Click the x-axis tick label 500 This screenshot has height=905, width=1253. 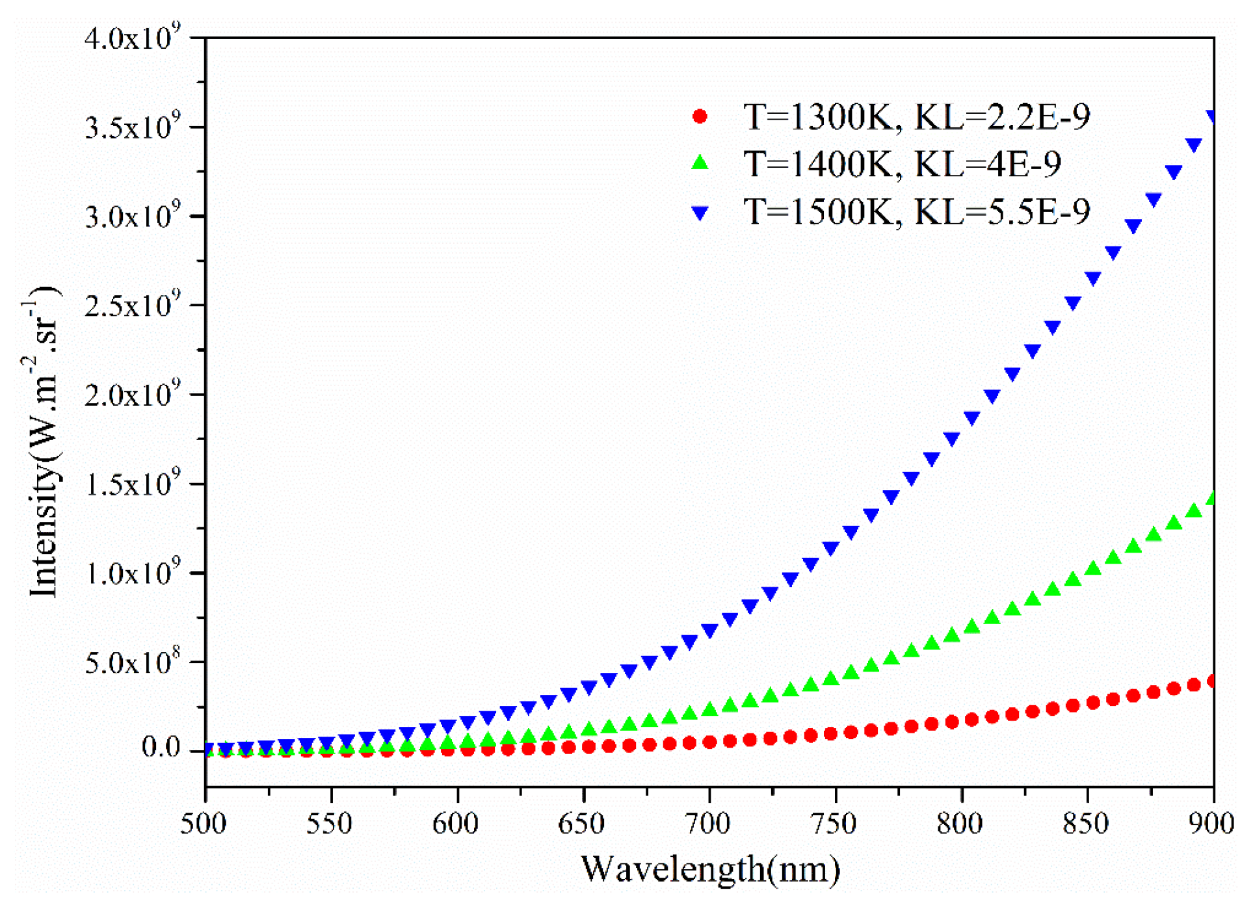pyautogui.click(x=204, y=824)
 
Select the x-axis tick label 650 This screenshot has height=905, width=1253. pyautogui.click(x=582, y=824)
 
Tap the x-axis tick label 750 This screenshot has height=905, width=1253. pyautogui.click(x=834, y=824)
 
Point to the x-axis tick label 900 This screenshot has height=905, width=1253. pyautogui.click(x=1211, y=824)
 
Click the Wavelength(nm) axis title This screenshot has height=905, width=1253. pyautogui.click(x=710, y=869)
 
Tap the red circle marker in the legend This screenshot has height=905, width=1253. pyautogui.click(x=700, y=116)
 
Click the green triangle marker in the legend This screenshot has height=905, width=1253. pyautogui.click(x=700, y=163)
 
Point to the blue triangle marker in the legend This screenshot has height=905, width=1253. pyautogui.click(x=700, y=213)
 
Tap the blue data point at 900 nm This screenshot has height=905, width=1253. pyautogui.click(x=1211, y=117)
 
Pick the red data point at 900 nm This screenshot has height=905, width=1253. pyautogui.click(x=1211, y=681)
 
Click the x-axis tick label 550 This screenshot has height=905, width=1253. pyautogui.click(x=330, y=824)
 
